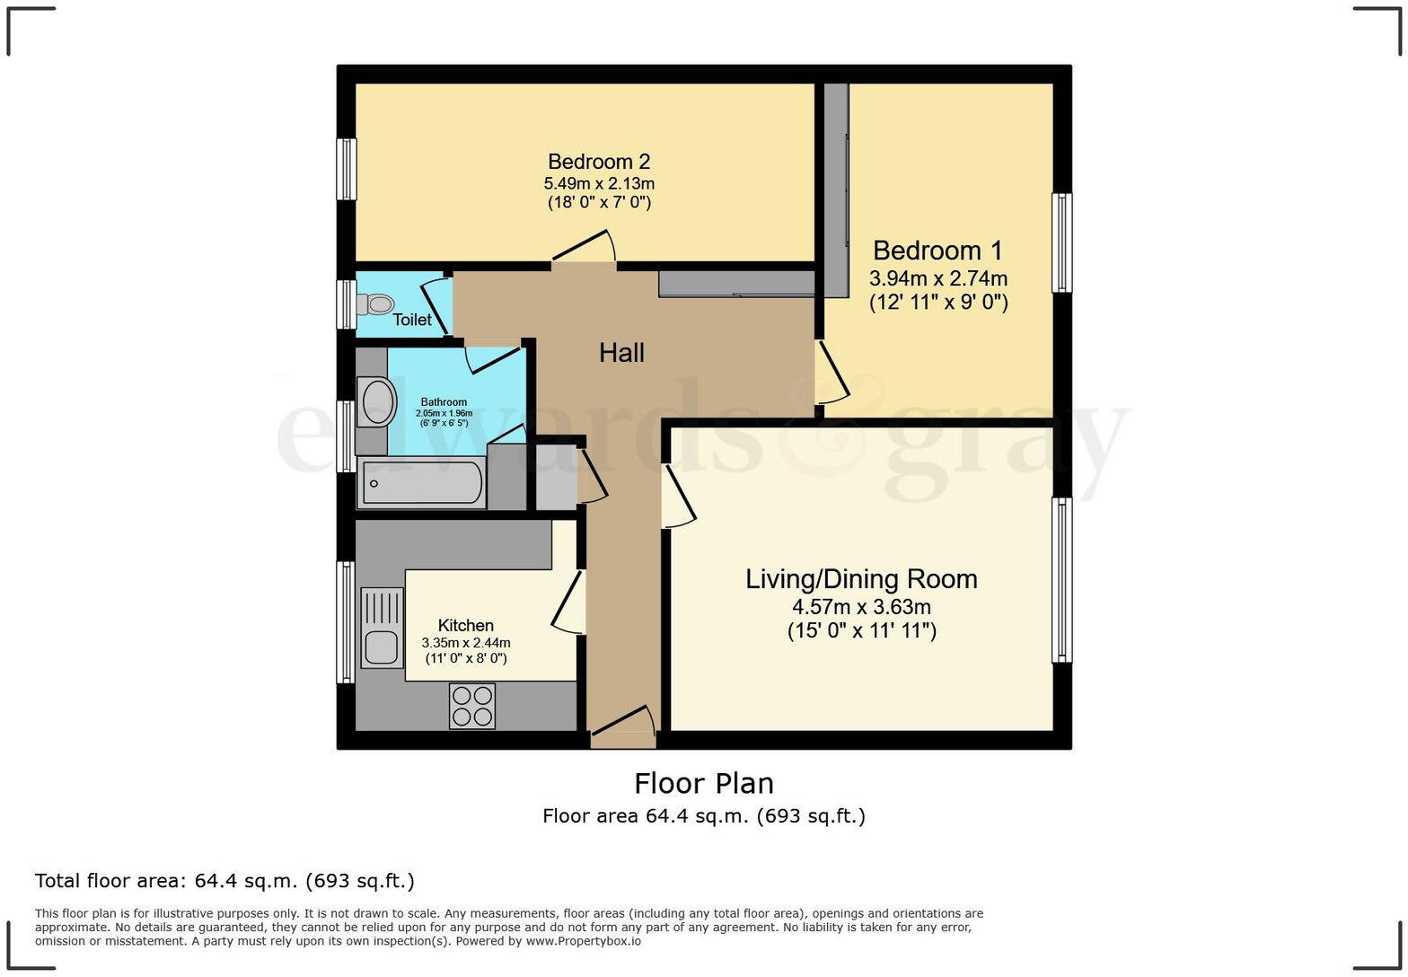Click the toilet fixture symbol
pos(375,304)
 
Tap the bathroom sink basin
pos(376,401)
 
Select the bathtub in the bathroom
pos(421,483)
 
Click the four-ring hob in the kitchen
pos(472,706)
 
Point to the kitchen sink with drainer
pos(382,628)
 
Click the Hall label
pos(621,353)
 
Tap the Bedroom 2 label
pos(599,162)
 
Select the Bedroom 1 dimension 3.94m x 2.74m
pos(938,277)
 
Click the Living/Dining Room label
pos(862,579)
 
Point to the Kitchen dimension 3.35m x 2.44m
pos(466,643)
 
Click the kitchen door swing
pos(569,603)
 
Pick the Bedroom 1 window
pos(1061,242)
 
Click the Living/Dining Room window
pos(1061,580)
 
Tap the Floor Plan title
pos(704,783)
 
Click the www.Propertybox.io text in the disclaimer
pos(584,941)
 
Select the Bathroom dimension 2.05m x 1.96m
pos(444,413)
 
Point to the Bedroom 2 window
pos(347,169)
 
